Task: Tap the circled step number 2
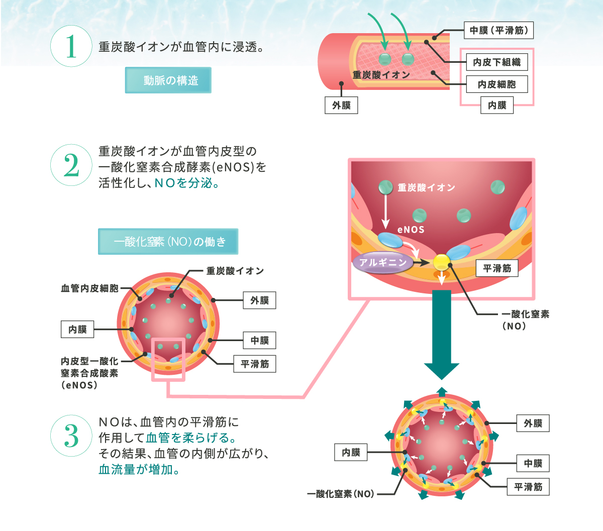[71, 165]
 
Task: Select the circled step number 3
[71, 436]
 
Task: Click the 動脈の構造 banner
[168, 80]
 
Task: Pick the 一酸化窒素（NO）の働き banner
[168, 242]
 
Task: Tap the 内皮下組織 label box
[497, 62]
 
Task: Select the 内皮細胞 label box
[497, 84]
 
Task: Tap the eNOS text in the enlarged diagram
[411, 230]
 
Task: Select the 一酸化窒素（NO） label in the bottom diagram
[341, 494]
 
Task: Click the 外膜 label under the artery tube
[341, 105]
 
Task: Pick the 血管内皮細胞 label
[89, 288]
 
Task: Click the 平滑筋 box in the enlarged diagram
[497, 269]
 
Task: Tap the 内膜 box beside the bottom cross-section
[351, 453]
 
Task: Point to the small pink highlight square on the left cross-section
[168, 359]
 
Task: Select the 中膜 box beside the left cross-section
[259, 341]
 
